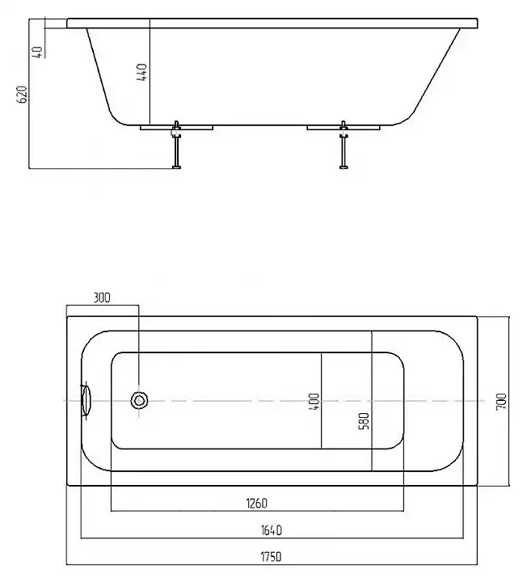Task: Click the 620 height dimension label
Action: coord(23,94)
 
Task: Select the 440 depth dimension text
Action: coord(142,73)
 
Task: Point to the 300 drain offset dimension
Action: coord(102,297)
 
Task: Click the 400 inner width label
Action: coord(314,400)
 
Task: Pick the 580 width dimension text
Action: coord(364,421)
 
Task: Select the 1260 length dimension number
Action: coord(256,504)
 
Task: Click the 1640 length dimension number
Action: coord(273,530)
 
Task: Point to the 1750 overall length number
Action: coord(273,557)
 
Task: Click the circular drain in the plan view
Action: coord(141,399)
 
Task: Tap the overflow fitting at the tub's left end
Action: coord(86,399)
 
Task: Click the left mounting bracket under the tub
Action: coord(175,127)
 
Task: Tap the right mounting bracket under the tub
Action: coord(343,127)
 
